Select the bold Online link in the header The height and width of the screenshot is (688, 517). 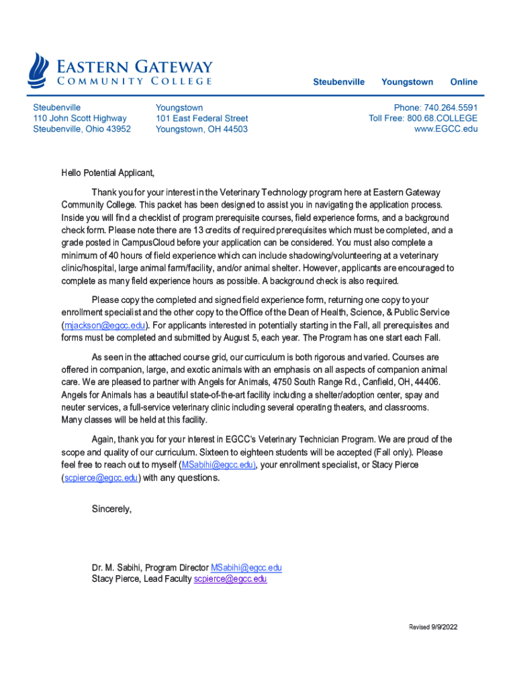(463, 82)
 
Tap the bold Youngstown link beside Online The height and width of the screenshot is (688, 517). (407, 82)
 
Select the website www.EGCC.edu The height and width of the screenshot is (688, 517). (446, 129)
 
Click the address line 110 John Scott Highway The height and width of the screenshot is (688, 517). (80, 118)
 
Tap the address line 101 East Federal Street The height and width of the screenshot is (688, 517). (201, 118)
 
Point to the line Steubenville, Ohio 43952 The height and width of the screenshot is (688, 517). (82, 129)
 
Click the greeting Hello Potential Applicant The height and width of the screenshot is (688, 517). (107, 173)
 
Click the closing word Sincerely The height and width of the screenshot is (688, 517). (111, 509)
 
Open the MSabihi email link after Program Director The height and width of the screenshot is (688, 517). (246, 568)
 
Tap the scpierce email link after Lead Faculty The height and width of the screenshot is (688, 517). (230, 579)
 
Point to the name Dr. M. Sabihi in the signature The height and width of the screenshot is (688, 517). (116, 568)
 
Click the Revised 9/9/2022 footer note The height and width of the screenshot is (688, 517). (433, 627)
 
